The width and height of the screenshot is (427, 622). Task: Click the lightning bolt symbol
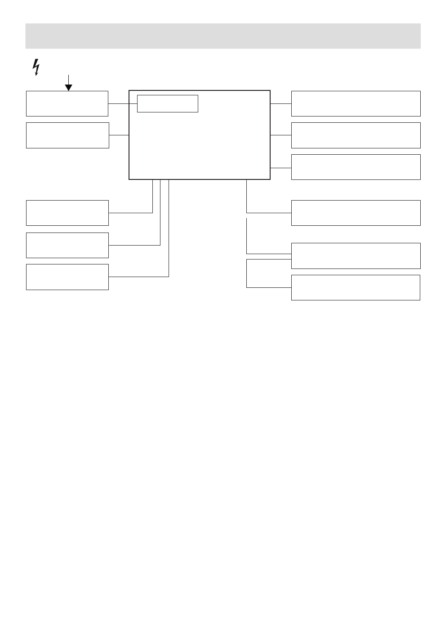[36, 67]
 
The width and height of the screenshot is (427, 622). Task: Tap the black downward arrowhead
[68, 87]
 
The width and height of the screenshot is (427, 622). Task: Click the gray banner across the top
[223, 36]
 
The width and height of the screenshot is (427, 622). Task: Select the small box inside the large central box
[167, 103]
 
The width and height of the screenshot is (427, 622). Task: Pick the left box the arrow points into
[67, 103]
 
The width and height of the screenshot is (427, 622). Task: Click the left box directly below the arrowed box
[67, 135]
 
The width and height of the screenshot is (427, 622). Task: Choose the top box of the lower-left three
[67, 213]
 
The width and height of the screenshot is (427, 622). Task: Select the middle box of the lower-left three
[67, 245]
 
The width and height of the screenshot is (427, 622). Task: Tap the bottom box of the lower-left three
[67, 277]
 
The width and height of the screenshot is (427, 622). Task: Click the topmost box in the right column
[356, 103]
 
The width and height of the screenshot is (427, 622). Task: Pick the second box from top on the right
[356, 135]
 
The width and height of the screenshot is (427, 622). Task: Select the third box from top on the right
[356, 167]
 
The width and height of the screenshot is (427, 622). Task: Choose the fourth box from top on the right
[356, 213]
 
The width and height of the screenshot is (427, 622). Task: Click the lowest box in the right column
[356, 287]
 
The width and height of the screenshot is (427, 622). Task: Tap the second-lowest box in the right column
[356, 255]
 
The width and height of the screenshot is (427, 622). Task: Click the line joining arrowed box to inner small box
[122, 103]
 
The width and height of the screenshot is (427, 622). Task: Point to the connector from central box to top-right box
[281, 103]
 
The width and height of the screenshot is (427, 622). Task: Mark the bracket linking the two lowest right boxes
[247, 273]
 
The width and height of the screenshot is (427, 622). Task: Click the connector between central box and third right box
[281, 168]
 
